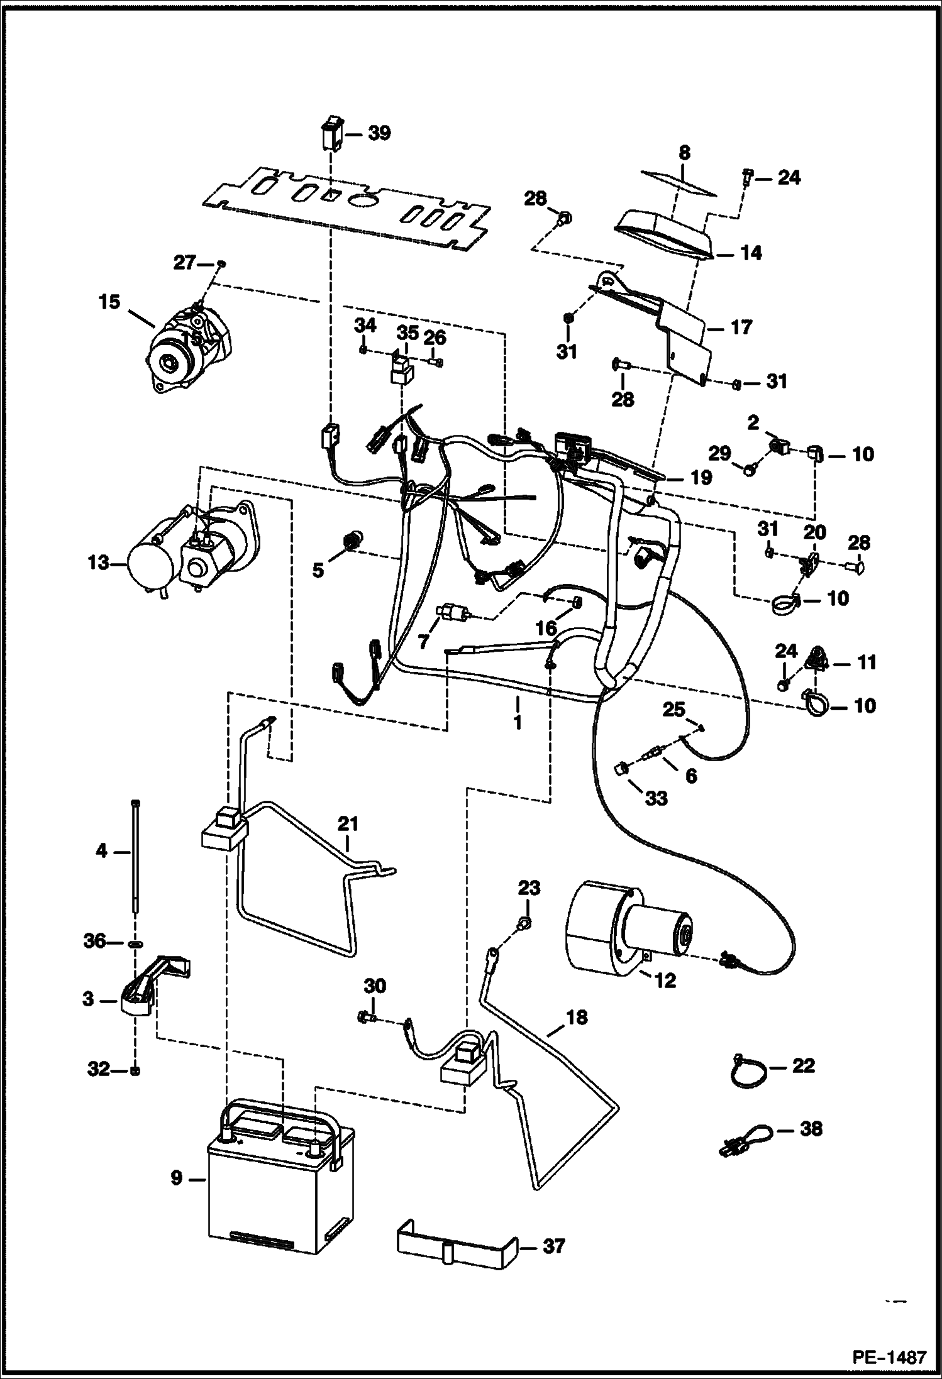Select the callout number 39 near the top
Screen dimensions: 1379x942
pos(379,133)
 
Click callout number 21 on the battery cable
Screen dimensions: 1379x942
pos(348,823)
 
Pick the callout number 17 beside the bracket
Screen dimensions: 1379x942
pos(742,327)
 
